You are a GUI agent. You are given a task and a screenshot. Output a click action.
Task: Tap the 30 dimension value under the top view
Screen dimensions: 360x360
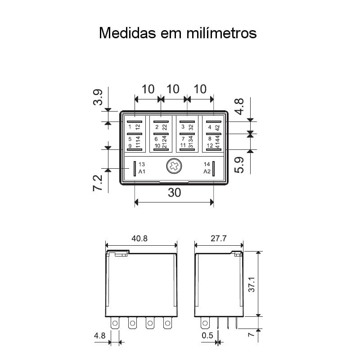click(174, 193)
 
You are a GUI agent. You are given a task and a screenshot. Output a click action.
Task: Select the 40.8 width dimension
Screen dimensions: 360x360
click(139, 239)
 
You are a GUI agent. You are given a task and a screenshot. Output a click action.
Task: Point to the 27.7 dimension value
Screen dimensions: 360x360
click(218, 239)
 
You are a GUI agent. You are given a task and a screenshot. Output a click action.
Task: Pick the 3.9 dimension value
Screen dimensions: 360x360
click(98, 97)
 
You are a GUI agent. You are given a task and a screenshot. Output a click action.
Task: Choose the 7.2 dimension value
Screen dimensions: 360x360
click(98, 183)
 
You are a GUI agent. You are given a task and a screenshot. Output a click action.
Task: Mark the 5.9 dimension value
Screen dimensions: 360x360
click(239, 164)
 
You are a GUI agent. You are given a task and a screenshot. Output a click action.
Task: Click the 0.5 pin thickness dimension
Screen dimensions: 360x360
click(207, 336)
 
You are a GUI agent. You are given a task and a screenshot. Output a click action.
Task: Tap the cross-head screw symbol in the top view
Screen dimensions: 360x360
click(174, 167)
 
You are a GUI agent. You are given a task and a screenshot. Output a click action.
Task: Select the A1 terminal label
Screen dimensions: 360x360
click(142, 172)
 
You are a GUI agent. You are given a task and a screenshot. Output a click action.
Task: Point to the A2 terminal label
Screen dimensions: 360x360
click(207, 172)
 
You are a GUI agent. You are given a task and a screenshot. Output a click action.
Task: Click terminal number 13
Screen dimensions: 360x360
click(142, 164)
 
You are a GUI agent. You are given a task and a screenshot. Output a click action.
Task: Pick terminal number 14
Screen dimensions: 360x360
click(207, 164)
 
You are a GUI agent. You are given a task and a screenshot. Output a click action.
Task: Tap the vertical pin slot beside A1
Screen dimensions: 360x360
click(135, 169)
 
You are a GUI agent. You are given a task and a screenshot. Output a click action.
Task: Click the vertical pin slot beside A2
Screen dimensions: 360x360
click(214, 169)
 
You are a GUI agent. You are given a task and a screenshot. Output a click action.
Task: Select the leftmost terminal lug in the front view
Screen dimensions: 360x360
click(115, 323)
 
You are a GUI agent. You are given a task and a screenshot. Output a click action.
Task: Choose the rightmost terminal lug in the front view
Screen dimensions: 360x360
click(167, 323)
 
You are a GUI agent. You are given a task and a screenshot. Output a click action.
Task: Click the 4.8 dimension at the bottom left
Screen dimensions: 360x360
click(99, 336)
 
